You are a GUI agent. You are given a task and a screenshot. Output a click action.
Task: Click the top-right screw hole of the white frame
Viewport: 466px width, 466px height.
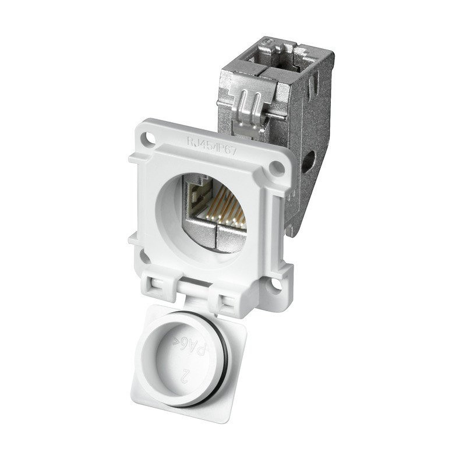(x=278, y=168)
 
